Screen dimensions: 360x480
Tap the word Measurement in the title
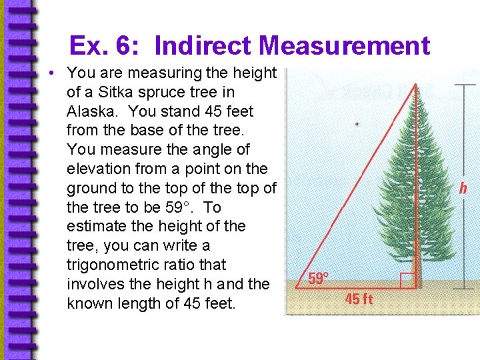tap(345, 46)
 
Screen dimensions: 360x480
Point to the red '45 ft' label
tap(359, 299)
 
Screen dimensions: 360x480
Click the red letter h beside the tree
tap(462, 189)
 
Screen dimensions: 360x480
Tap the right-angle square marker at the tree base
tap(408, 281)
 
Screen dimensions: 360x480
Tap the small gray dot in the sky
tap(357, 124)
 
